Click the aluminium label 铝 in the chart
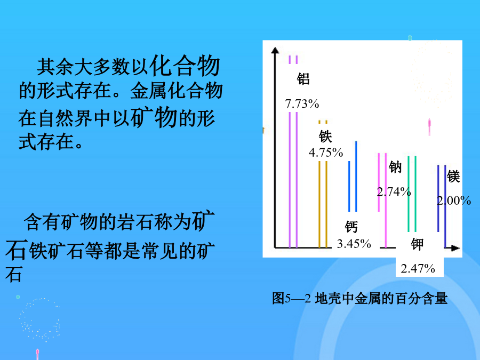point(303,79)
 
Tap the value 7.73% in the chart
point(302,104)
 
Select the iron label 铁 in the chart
point(325,137)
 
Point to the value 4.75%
point(326,153)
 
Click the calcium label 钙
point(351,227)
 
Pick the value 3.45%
point(354,244)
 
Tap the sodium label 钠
point(395,167)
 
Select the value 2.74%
point(394,191)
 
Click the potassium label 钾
point(417,244)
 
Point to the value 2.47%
point(418,268)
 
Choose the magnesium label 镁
point(453,177)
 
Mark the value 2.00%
point(454,201)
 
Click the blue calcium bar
point(353,177)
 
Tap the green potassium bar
point(412,194)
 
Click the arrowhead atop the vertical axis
point(275,50)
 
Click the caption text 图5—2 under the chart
point(291,298)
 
